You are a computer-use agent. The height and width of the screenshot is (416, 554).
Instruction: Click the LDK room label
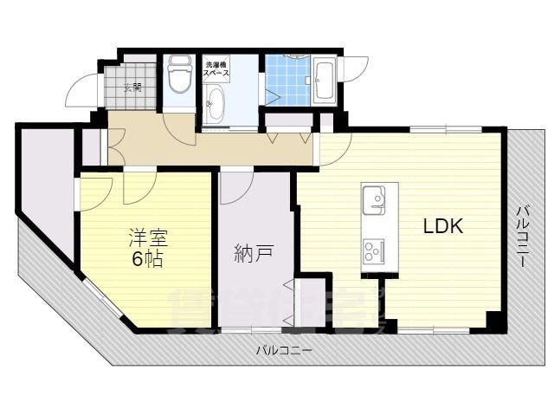click(x=443, y=227)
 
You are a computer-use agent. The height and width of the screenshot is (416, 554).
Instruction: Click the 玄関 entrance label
click(x=133, y=87)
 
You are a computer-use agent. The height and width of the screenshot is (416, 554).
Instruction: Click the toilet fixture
click(x=180, y=76)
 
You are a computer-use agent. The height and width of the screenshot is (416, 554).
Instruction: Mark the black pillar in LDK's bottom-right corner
click(x=493, y=321)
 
